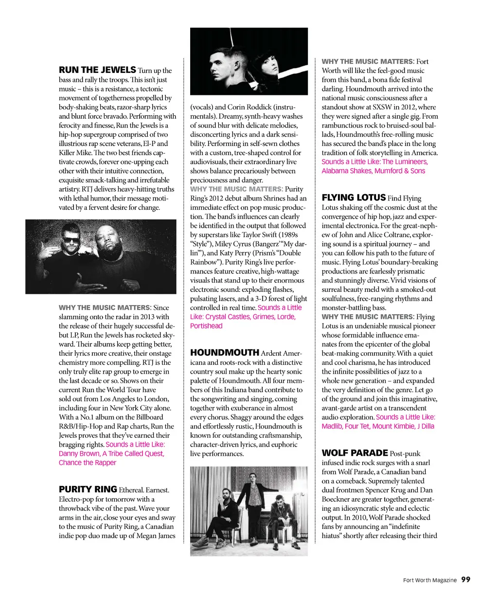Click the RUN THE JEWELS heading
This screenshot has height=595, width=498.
[x=97, y=70]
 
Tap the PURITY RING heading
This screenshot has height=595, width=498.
[x=88, y=489]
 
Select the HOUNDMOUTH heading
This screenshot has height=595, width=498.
[x=225, y=353]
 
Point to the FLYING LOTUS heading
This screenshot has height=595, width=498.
[x=354, y=198]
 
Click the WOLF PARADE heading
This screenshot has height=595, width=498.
[x=355, y=453]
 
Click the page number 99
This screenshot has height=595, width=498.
[x=466, y=579]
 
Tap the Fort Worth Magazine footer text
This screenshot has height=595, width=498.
[x=430, y=580]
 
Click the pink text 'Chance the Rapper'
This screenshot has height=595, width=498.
[x=88, y=463]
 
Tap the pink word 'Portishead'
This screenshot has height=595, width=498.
[x=206, y=326]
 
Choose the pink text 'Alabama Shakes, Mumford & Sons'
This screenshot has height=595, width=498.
[x=373, y=171]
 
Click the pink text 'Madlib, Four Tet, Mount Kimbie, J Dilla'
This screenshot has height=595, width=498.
[x=378, y=426]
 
